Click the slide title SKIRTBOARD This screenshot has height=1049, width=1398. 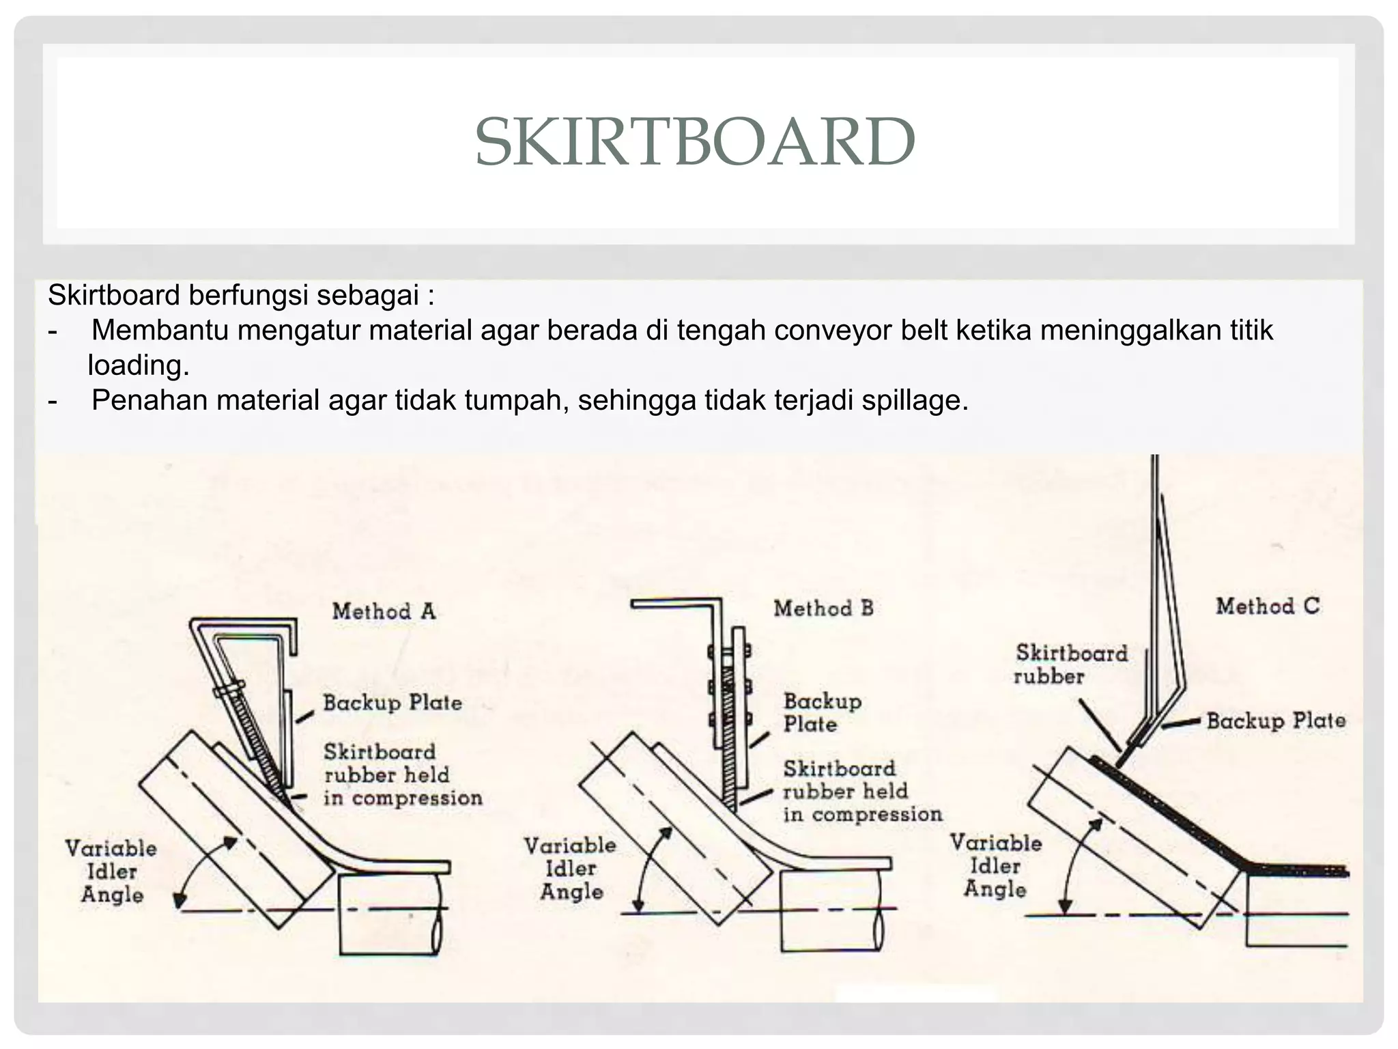[695, 142]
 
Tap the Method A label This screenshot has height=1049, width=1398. [384, 611]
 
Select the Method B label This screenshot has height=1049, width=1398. [823, 609]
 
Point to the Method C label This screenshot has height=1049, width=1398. [1267, 606]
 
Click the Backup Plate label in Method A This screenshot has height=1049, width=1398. [393, 703]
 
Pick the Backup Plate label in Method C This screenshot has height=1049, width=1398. [1275, 721]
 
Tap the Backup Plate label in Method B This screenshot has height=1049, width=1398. [822, 712]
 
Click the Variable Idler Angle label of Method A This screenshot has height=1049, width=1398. [111, 871]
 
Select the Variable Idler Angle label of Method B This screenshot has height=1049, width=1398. [570, 869]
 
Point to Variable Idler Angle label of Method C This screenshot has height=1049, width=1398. [995, 866]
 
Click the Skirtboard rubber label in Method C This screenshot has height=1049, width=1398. [1070, 665]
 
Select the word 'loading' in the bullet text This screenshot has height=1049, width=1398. [138, 366]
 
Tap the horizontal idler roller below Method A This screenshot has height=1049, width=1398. [389, 915]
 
